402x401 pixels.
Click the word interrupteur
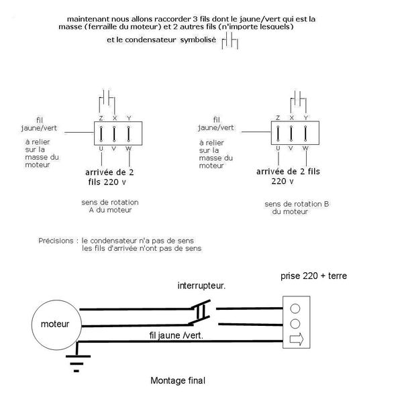(x=201, y=286)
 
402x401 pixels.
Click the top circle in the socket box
(x=295, y=308)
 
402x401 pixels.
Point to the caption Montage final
(x=178, y=381)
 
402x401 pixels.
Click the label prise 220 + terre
(x=314, y=276)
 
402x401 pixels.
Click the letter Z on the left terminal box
(x=101, y=118)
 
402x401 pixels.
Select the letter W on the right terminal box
(x=306, y=147)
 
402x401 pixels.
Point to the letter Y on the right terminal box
(x=306, y=117)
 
